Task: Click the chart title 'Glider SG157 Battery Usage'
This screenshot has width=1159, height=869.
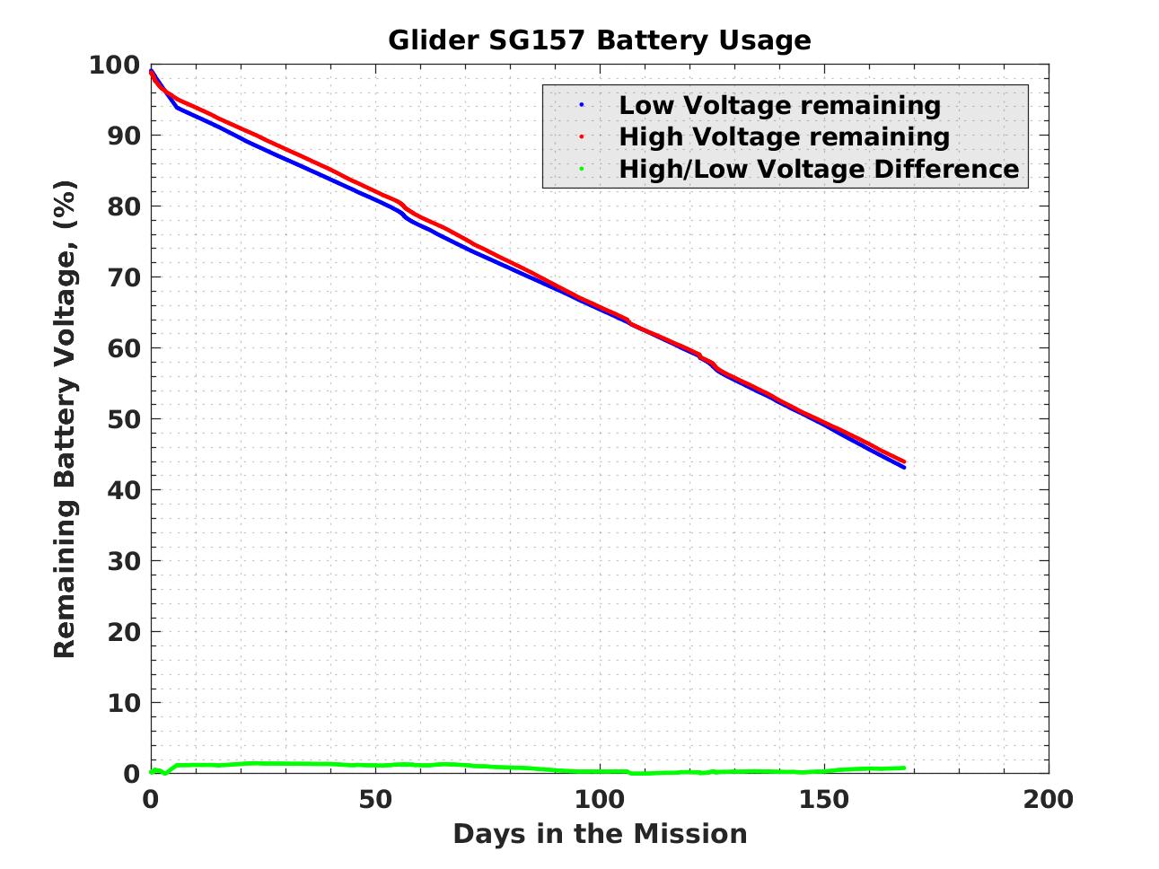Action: pyautogui.click(x=599, y=40)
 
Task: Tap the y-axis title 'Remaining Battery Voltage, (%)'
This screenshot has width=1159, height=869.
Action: pyautogui.click(x=65, y=419)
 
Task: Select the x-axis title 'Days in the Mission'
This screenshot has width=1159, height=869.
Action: pyautogui.click(x=599, y=834)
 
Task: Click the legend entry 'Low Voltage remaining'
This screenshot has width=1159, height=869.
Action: pyautogui.click(x=779, y=105)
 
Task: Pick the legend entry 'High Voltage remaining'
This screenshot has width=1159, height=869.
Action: pyautogui.click(x=784, y=136)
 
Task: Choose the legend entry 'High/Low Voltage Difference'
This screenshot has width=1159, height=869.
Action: pyautogui.click(x=819, y=169)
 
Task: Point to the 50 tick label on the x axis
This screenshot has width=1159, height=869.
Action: pyautogui.click(x=374, y=799)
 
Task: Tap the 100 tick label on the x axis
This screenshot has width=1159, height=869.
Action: pyautogui.click(x=599, y=799)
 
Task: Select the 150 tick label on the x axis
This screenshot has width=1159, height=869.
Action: pyautogui.click(x=823, y=799)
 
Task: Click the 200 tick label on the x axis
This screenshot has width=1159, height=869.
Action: pyautogui.click(x=1048, y=799)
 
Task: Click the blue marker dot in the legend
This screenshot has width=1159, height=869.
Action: pyautogui.click(x=582, y=105)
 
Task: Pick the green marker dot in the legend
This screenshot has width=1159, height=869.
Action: pyautogui.click(x=582, y=169)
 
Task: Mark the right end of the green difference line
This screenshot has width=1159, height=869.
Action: pyautogui.click(x=903, y=768)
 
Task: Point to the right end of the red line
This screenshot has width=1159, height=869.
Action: pyautogui.click(x=903, y=461)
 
